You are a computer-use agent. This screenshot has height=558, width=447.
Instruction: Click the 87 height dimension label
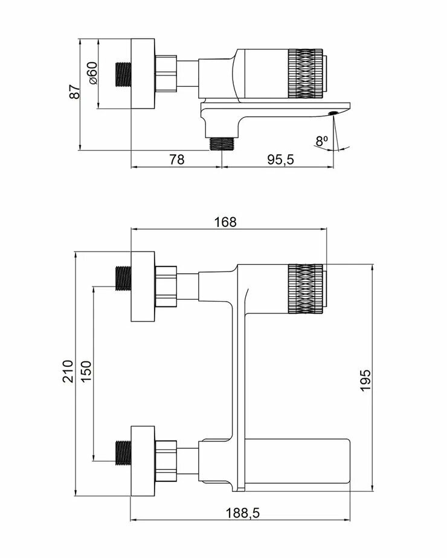[x=75, y=92]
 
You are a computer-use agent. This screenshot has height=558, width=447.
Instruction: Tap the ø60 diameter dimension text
[x=92, y=73]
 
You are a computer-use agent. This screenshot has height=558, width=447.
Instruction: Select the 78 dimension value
[x=176, y=159]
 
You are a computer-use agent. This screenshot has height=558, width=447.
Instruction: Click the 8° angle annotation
[x=321, y=141]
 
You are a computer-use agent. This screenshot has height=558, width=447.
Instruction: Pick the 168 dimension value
[x=225, y=221]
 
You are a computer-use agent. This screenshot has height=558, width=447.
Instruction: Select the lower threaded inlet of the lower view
[x=124, y=452]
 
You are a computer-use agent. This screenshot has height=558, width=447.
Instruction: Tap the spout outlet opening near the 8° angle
[x=332, y=113]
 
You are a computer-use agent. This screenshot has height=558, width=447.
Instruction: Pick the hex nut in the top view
[x=167, y=74]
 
